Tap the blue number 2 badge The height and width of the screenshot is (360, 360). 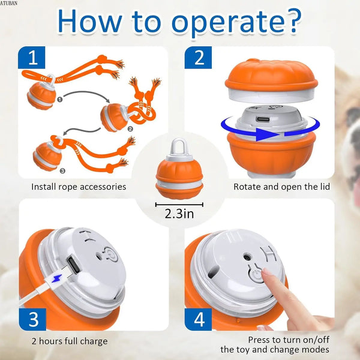[198, 58]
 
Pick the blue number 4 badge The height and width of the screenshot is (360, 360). [198, 317]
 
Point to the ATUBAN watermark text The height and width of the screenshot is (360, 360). [10, 3]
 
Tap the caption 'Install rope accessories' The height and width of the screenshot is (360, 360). [79, 187]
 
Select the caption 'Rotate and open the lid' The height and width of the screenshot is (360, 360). [281, 187]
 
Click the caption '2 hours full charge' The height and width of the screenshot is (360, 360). [70, 341]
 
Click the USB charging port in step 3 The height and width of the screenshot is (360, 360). [71, 263]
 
